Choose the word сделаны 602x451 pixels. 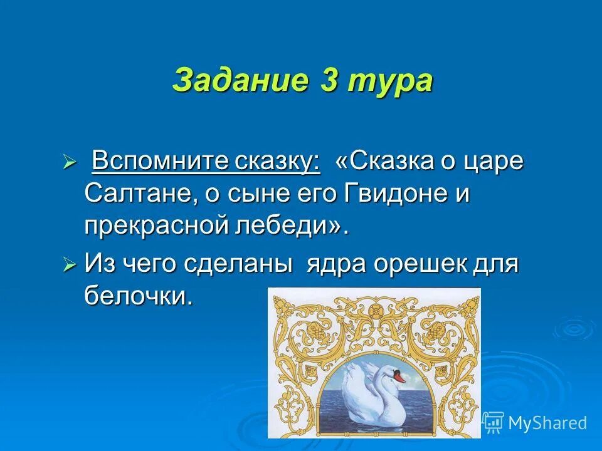[x=238, y=264]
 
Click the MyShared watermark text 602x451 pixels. [x=547, y=423]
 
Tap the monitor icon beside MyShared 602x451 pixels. [x=494, y=422]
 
